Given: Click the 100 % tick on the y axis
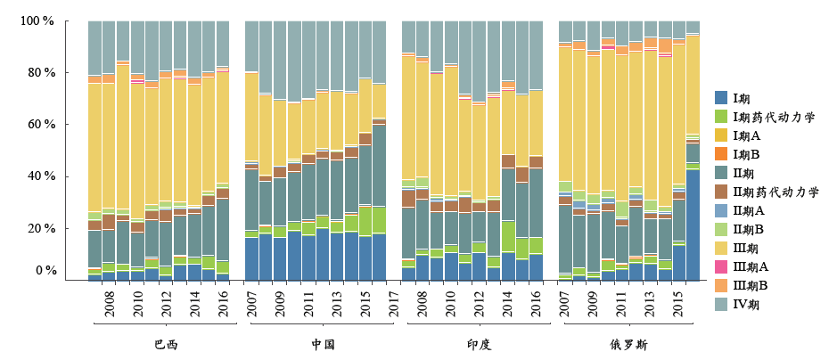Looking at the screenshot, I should point(37,20).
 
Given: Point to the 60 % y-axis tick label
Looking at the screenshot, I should point(39,124).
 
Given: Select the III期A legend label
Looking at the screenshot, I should point(751,266).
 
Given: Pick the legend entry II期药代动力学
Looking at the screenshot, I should point(774,192).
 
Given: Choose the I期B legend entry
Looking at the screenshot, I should point(750,154).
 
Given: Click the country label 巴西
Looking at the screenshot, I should point(165,344).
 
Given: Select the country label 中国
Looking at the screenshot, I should point(323,344).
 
